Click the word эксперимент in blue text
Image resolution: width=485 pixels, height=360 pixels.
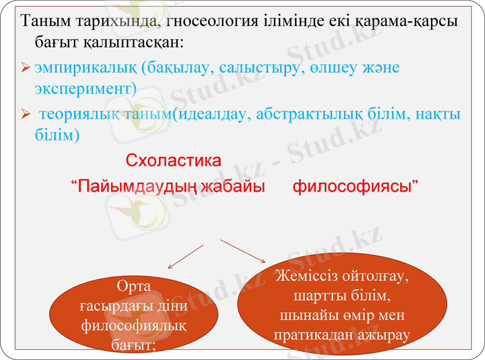83,88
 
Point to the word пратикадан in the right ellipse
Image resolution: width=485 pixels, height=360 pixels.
313,334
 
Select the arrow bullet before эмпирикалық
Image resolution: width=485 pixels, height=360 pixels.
25,68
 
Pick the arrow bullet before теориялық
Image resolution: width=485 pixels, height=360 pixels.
25,114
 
